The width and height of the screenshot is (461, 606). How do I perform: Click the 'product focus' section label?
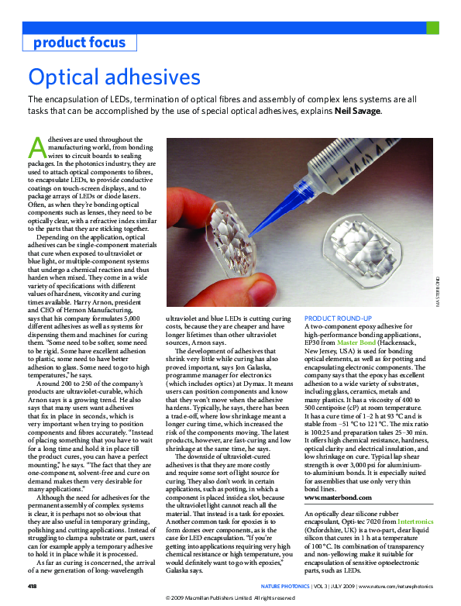point(79,42)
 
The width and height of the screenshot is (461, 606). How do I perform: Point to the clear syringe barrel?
point(364,174)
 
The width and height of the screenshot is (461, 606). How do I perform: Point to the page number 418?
point(34,586)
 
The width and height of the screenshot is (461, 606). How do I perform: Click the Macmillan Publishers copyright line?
point(230,598)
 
